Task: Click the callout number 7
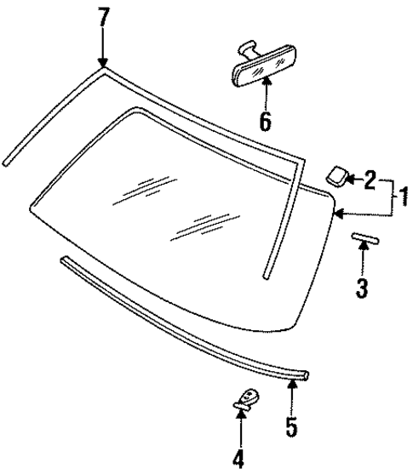[103, 17]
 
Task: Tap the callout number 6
[265, 120]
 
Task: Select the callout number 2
[370, 179]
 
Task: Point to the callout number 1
[404, 200]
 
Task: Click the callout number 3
[362, 288]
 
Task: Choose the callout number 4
[239, 459]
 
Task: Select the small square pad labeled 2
[335, 175]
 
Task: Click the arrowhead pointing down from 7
[103, 61]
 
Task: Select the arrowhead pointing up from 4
[240, 434]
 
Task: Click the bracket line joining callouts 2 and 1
[393, 200]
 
